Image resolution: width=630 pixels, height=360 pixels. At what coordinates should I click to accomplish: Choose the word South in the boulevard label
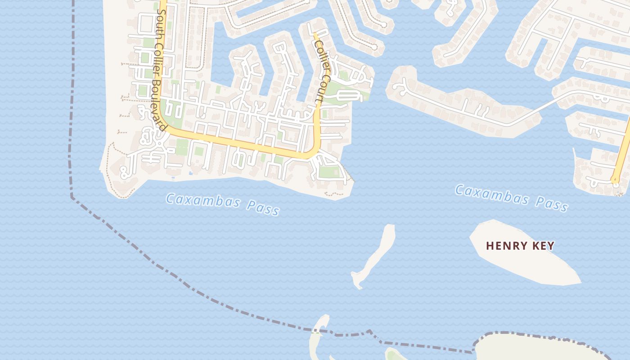coord(160,20)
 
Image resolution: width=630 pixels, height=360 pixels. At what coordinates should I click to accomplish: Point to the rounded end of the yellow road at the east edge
coord(615,180)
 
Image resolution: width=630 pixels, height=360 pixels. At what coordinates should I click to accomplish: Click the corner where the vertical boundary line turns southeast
coord(72,197)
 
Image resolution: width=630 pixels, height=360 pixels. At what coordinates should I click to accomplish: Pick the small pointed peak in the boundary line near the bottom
coord(369,331)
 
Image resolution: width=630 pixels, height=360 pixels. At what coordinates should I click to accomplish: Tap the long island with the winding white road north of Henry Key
coord(463,106)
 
